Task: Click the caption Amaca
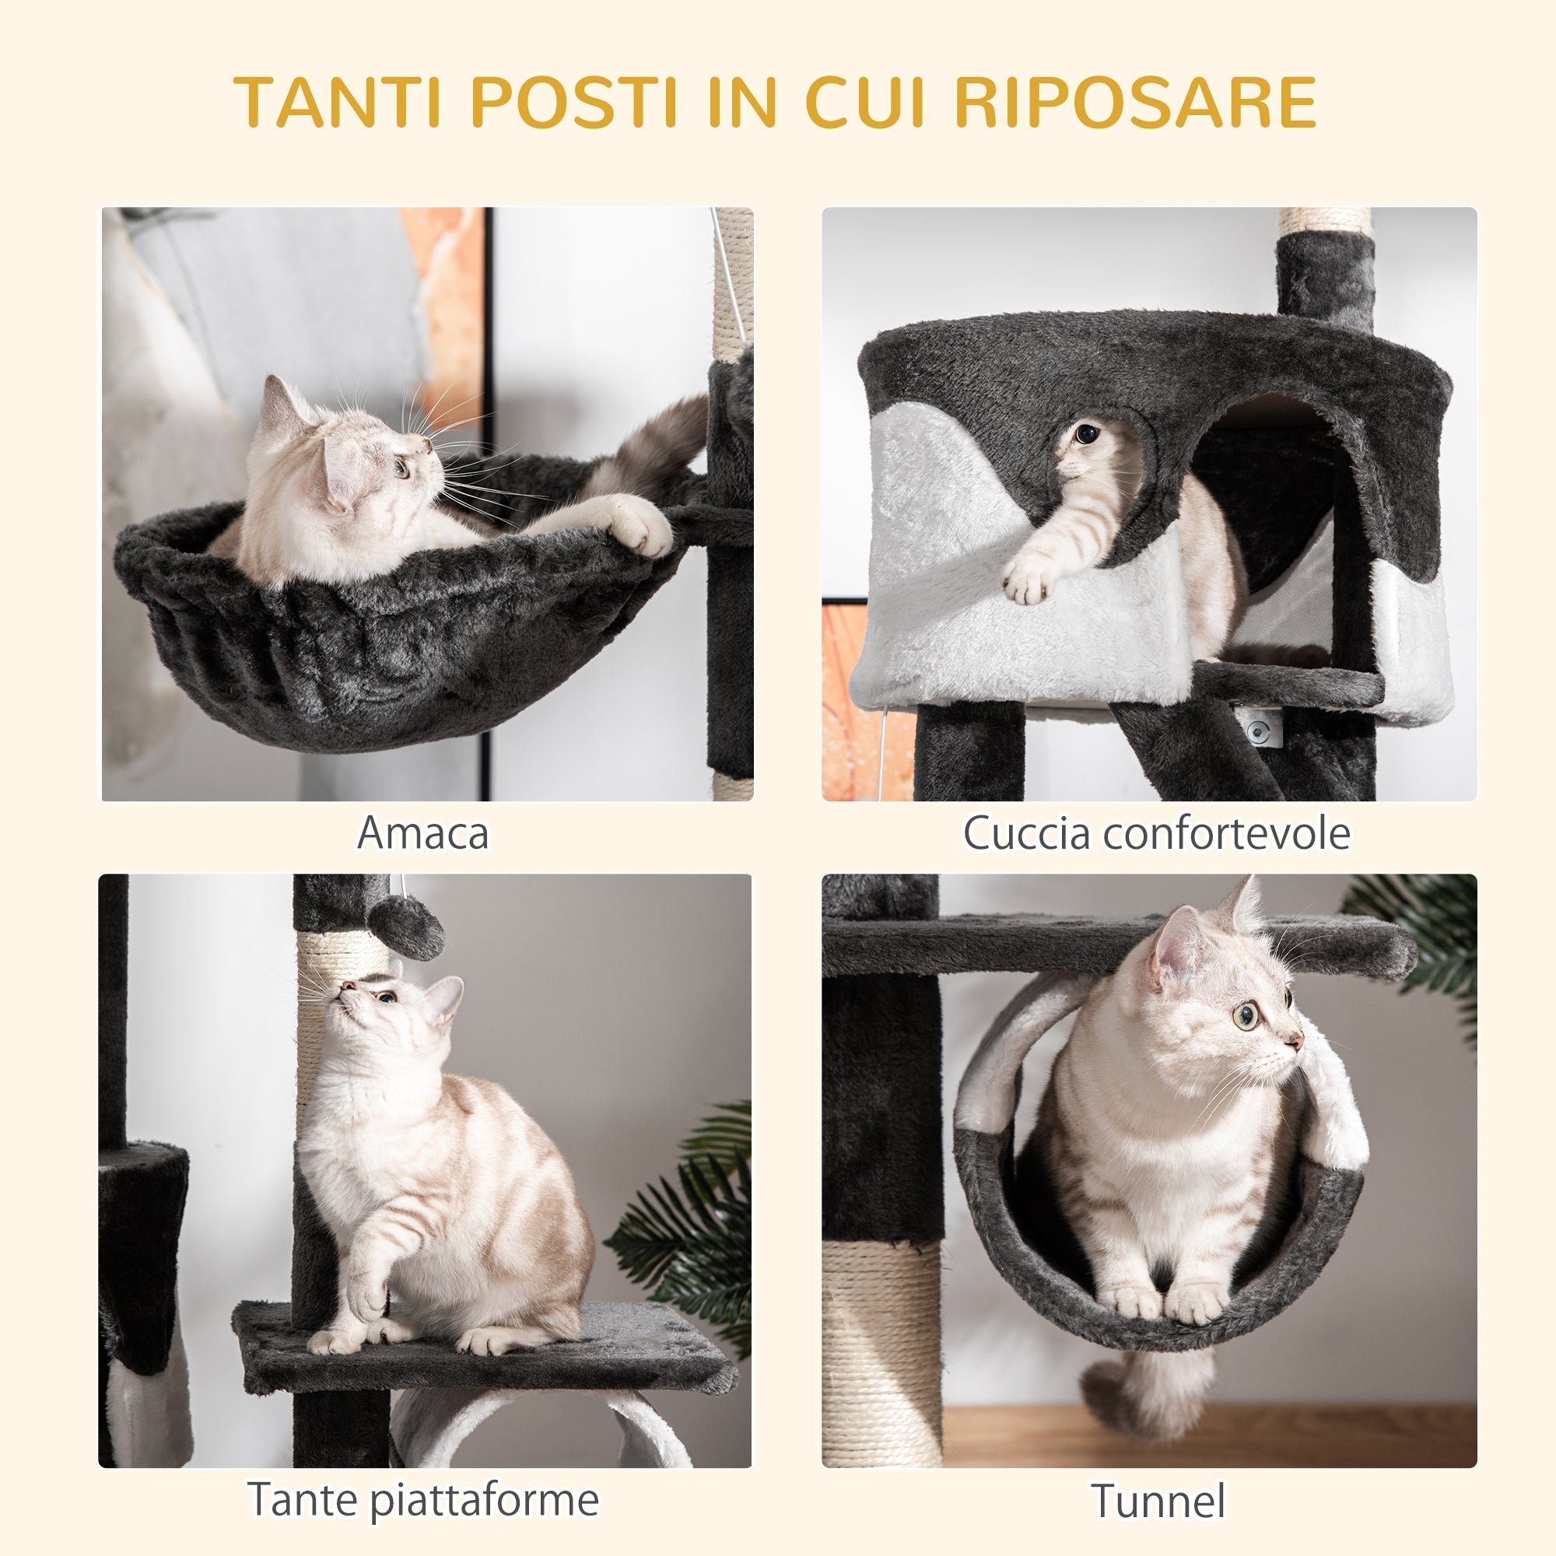pos(422,833)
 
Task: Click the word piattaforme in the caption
pos(484,1500)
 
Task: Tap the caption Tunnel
pos(1158,1502)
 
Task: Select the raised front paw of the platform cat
pos(367,1298)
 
